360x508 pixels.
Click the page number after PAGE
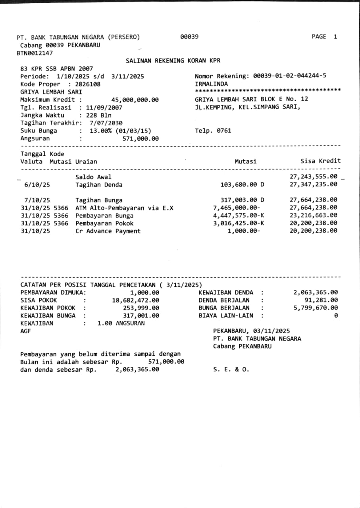[x=335, y=37]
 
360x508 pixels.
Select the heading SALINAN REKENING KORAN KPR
[x=173, y=61]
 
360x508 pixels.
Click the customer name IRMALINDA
[x=212, y=84]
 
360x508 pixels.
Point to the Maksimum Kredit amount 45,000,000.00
[x=135, y=100]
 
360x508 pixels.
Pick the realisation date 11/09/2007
[x=101, y=107]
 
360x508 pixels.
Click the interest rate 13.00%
[x=102, y=131]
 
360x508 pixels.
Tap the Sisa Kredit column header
[x=320, y=161]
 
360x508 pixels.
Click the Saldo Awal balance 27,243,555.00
[x=314, y=177]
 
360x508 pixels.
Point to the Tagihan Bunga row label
[x=99, y=200]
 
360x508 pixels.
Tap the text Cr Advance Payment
[x=108, y=231]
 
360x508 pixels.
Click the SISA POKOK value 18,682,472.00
[x=136, y=300]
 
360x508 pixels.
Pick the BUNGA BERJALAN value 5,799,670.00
[x=316, y=308]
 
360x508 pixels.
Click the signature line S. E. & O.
[x=231, y=369]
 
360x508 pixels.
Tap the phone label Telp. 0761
[x=213, y=131]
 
